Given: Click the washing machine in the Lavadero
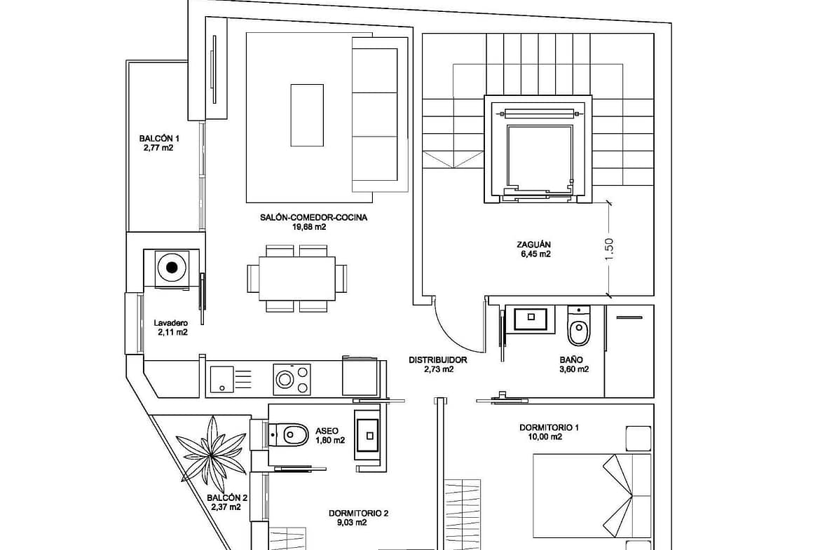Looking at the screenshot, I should click(172, 267).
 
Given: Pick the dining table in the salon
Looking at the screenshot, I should click(296, 278).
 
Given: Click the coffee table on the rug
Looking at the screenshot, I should click(307, 114).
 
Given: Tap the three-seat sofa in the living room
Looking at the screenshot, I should click(378, 114).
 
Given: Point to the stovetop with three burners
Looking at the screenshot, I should click(292, 379).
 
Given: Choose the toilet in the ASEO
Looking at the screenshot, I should click(289, 434).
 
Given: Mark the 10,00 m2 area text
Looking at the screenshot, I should click(545, 437).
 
